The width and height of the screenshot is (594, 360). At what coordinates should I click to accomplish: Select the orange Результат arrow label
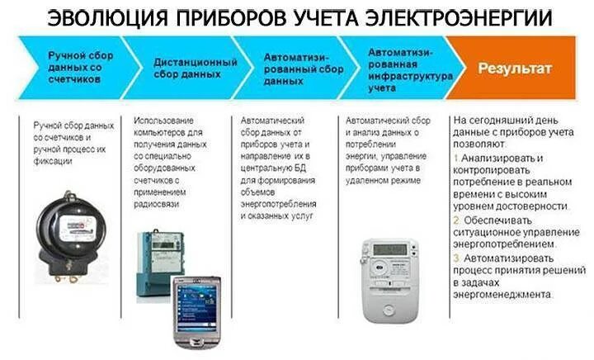point(515,69)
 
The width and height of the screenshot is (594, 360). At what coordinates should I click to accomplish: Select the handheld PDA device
point(196,310)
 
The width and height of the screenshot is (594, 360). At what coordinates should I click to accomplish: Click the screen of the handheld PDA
point(196,305)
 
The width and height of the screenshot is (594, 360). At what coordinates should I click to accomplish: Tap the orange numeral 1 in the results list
point(457,157)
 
